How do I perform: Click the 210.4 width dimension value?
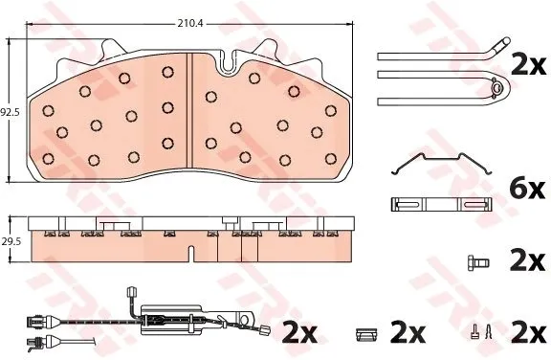[190, 24]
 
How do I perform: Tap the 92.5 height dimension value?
[11, 113]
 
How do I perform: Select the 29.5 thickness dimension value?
[11, 241]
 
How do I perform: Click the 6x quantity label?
[527, 190]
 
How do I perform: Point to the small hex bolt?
[478, 262]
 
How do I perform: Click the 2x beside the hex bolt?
[527, 261]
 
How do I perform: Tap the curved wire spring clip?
[441, 164]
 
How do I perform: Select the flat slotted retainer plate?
[441, 205]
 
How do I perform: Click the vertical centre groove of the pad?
[189, 110]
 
